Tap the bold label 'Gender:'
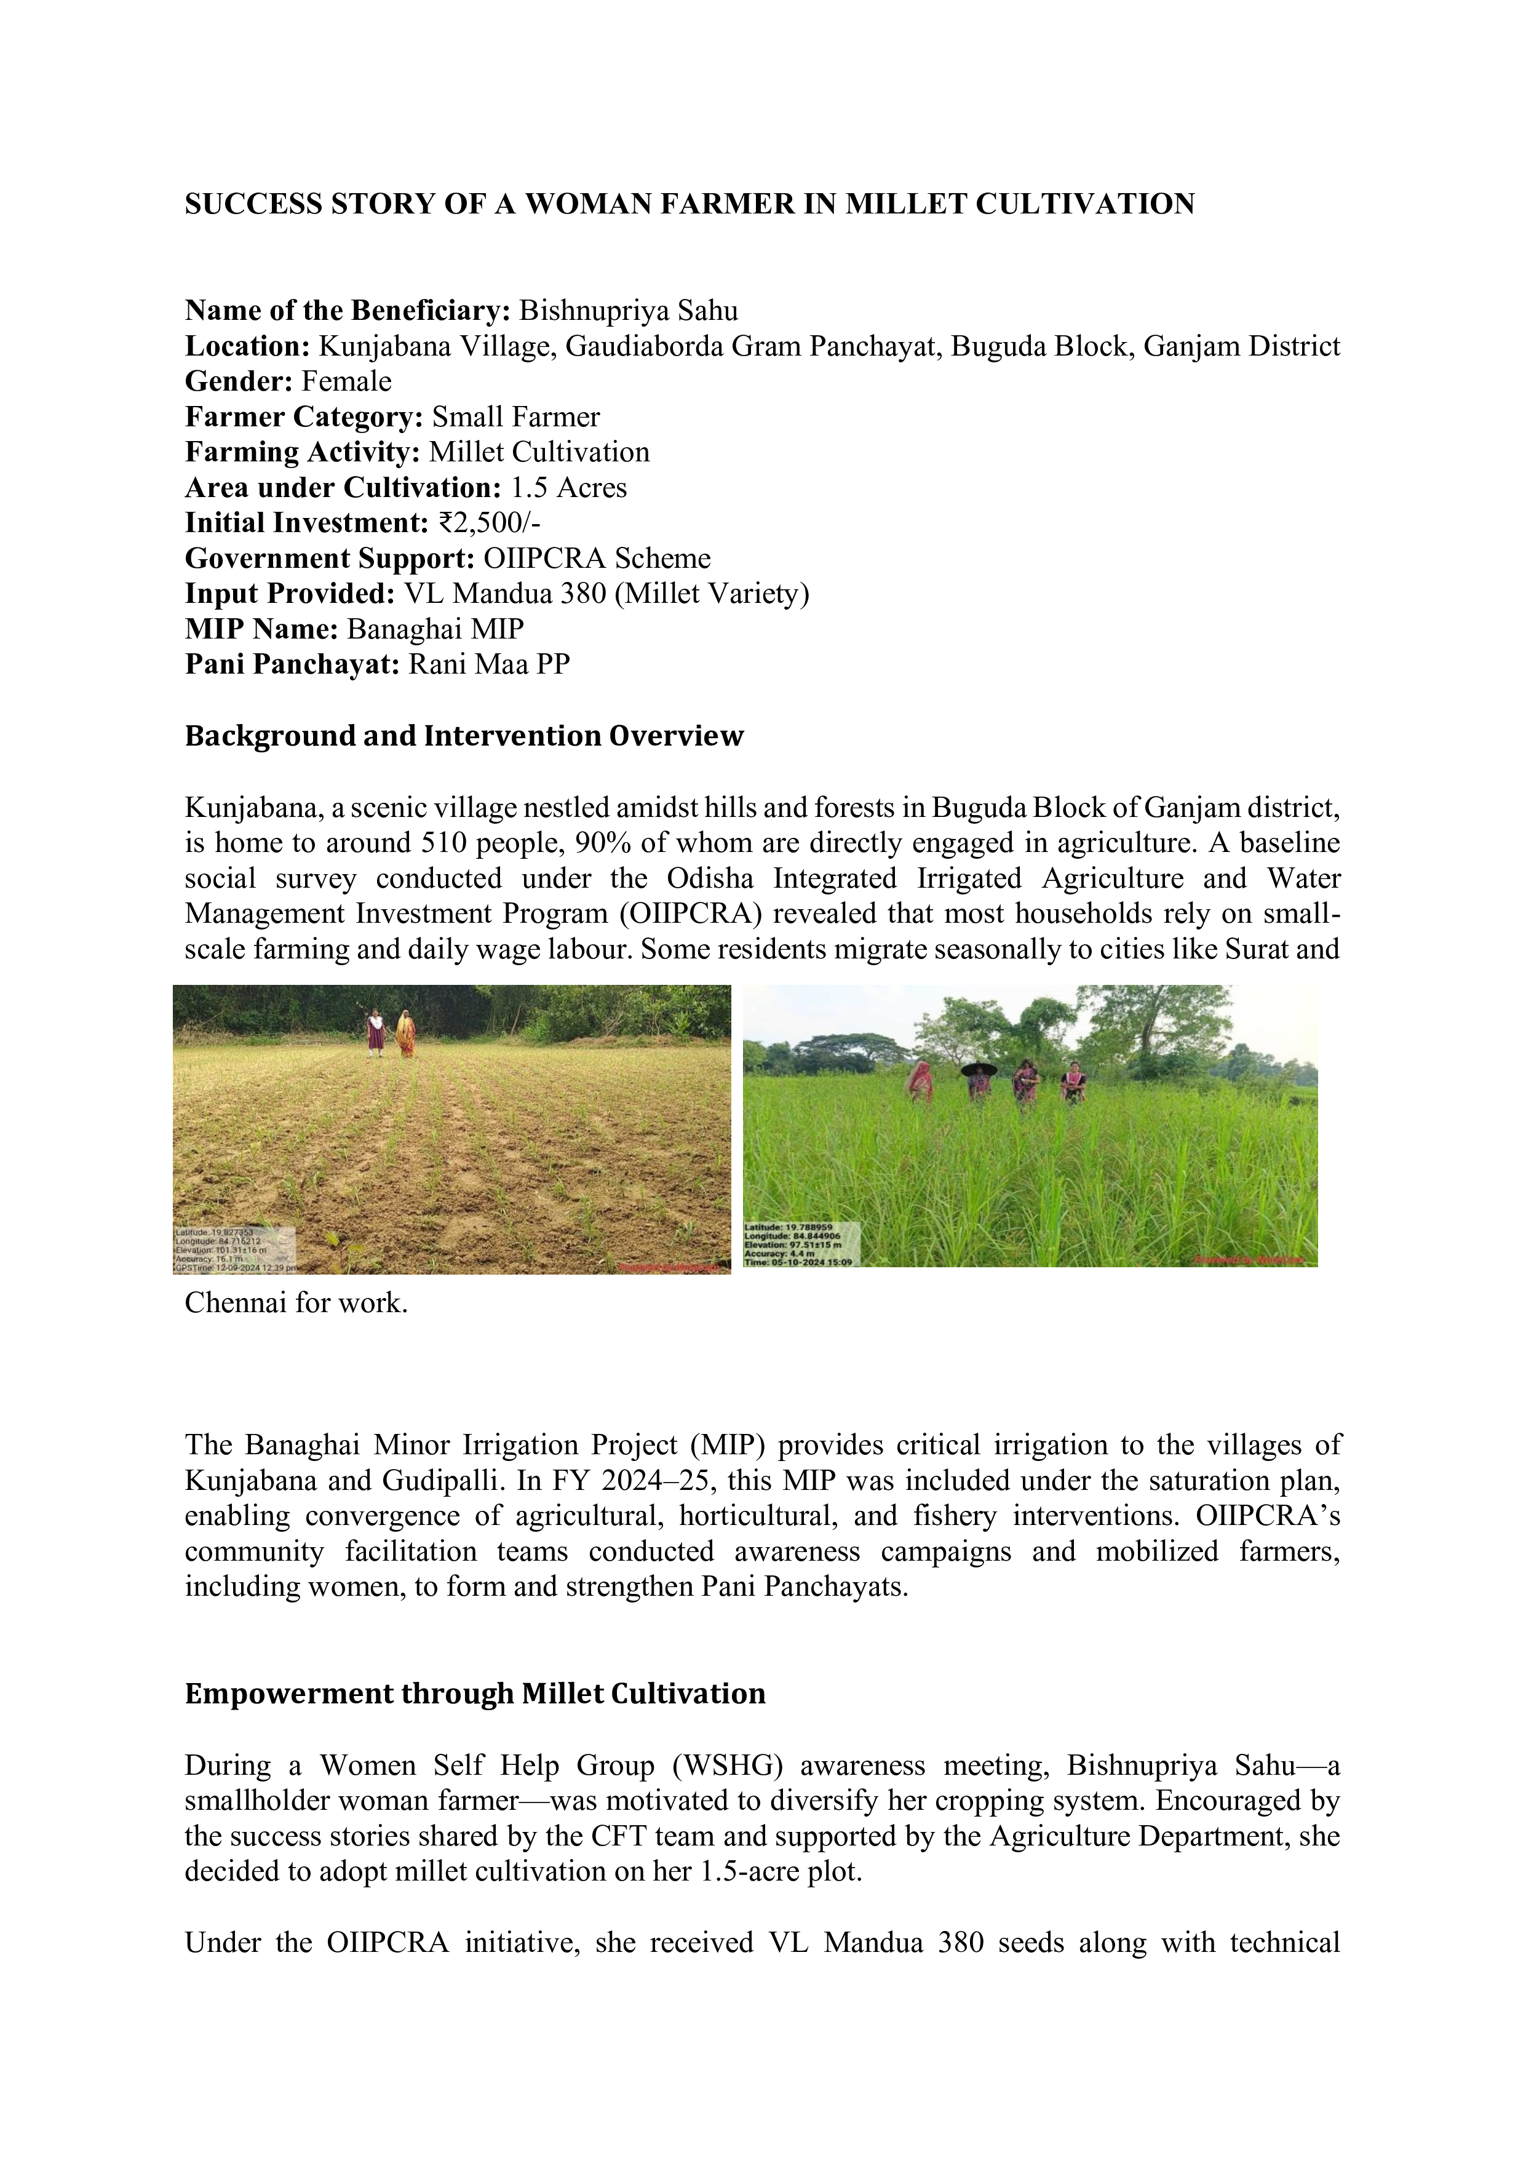tap(240, 381)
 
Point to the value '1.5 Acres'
tap(568, 488)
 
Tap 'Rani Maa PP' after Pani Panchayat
tap(488, 664)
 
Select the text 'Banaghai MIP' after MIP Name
tap(435, 629)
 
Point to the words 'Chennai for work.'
tap(296, 1304)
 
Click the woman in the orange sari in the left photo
tap(406, 1034)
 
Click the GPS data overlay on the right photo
tap(801, 1243)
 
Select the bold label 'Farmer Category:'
tap(303, 417)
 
